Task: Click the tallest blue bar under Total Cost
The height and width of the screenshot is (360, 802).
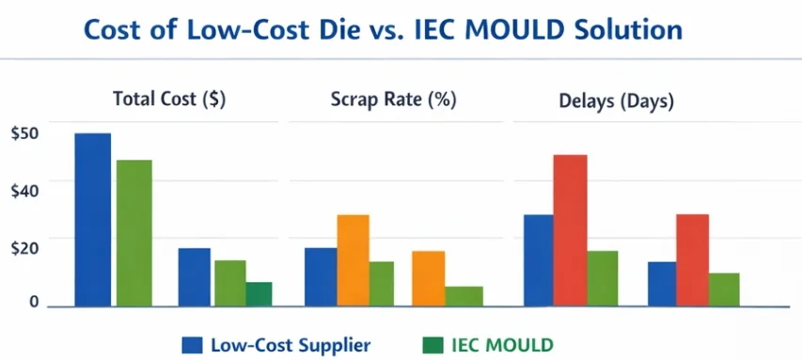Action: click(x=93, y=219)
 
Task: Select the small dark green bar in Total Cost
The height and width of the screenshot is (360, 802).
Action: click(x=259, y=294)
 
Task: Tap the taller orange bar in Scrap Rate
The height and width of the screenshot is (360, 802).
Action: click(x=353, y=260)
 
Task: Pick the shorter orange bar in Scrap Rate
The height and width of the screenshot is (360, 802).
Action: click(x=428, y=278)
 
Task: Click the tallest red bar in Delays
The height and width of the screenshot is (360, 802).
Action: click(x=570, y=230)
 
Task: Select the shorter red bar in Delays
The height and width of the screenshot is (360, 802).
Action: click(x=692, y=260)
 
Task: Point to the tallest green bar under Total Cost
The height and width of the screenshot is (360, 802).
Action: click(x=134, y=232)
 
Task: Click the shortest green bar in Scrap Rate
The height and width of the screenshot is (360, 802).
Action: click(x=464, y=296)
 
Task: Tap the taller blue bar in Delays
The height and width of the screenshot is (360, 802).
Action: click(x=539, y=260)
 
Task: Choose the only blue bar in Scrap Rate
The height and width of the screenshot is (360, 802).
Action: click(x=321, y=276)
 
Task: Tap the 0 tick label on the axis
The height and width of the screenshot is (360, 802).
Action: click(x=33, y=302)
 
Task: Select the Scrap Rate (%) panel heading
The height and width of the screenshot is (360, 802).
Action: click(x=393, y=99)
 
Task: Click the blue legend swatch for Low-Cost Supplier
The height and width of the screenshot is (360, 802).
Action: click(x=193, y=343)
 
